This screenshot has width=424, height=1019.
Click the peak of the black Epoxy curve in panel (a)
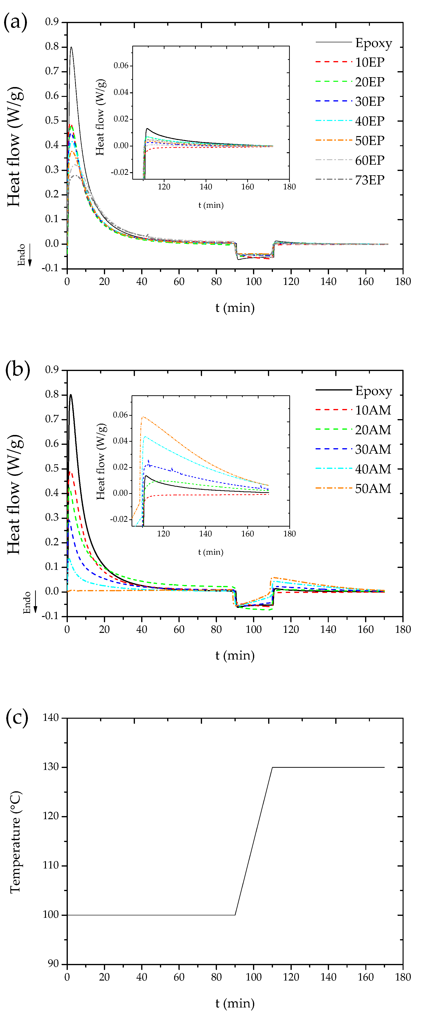71,47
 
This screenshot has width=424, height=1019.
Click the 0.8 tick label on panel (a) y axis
52,47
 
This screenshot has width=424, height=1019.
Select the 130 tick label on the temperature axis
51,767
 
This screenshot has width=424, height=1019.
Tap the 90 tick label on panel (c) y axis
53,963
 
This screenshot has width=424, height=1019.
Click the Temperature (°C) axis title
15,842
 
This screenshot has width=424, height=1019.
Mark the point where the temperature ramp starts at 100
235,915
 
